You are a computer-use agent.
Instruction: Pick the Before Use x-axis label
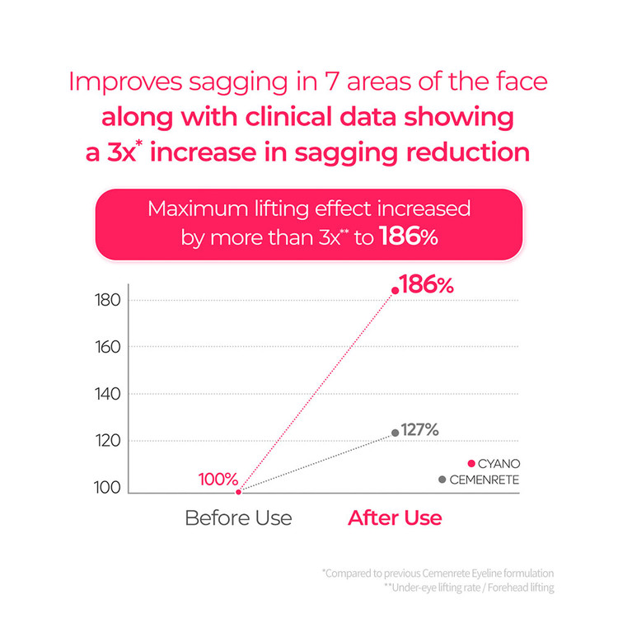pos(238,518)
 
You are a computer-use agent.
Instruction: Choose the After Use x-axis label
pos(395,518)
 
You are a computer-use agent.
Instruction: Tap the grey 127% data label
pos(419,429)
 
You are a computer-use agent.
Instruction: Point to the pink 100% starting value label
pos(218,479)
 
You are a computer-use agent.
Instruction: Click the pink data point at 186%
pos(396,290)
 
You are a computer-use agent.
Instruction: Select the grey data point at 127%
pos(396,433)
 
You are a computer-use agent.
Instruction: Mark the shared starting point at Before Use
pos(238,492)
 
